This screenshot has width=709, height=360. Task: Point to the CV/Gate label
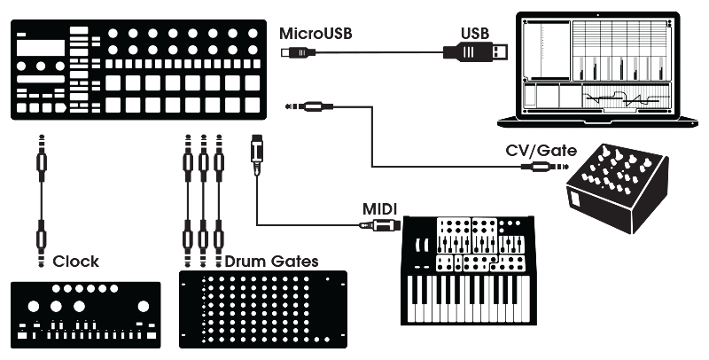(x=541, y=151)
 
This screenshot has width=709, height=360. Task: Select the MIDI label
(x=380, y=208)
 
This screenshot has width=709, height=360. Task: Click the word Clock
(x=75, y=262)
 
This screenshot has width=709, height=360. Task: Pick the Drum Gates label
(x=270, y=262)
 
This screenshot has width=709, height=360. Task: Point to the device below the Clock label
(x=86, y=315)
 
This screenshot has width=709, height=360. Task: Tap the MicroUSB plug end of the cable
(x=297, y=54)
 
